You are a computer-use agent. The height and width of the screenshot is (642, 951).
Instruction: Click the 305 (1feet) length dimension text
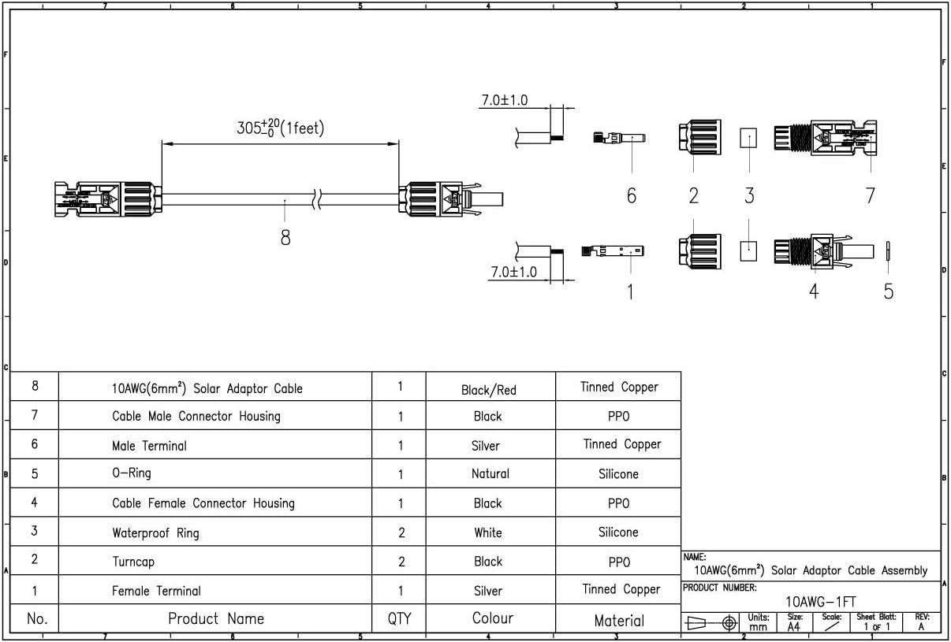280,128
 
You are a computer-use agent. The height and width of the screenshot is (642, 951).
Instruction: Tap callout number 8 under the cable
285,237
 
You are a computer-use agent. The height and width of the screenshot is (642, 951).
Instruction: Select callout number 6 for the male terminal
631,195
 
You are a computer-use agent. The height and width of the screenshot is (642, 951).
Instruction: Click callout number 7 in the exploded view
870,195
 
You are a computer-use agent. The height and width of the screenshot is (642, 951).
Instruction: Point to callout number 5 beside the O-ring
888,291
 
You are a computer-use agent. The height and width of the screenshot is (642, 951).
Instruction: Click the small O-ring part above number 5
888,250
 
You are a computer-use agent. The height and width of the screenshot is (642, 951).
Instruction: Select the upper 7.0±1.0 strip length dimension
504,101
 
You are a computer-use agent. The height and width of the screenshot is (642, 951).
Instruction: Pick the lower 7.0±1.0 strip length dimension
513,272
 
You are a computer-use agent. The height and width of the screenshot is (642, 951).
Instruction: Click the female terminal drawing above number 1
613,251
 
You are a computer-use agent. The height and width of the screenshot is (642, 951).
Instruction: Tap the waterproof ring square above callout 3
748,139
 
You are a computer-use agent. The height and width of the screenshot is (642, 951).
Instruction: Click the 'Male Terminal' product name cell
149,446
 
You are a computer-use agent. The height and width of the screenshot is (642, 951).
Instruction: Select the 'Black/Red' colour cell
488,390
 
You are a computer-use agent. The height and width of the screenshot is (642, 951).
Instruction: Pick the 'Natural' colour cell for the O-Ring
490,474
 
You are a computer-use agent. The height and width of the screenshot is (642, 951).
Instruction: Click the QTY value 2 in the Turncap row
401,562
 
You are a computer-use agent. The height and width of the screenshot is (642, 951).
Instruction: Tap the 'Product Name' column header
215,618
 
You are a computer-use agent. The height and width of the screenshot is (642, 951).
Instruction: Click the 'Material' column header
618,621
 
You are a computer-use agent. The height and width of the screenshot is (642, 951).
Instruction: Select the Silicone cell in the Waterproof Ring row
618,533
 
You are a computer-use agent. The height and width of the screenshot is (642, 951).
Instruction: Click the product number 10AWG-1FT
820,602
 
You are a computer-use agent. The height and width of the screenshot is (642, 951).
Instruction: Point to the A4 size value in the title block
793,627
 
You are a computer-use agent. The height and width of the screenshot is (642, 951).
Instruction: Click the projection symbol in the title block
711,623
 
